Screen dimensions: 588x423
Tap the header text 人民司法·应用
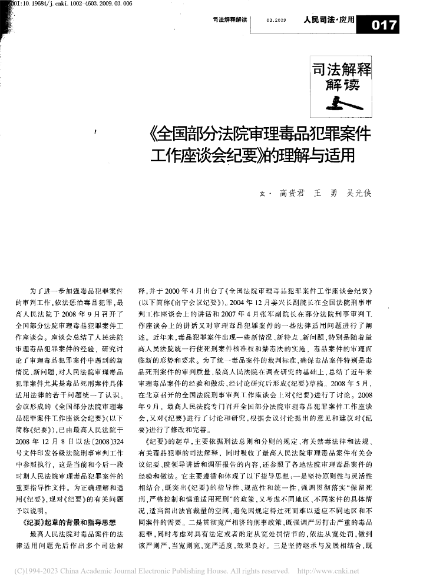(328, 20)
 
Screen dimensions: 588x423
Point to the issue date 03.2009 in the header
(276, 20)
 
